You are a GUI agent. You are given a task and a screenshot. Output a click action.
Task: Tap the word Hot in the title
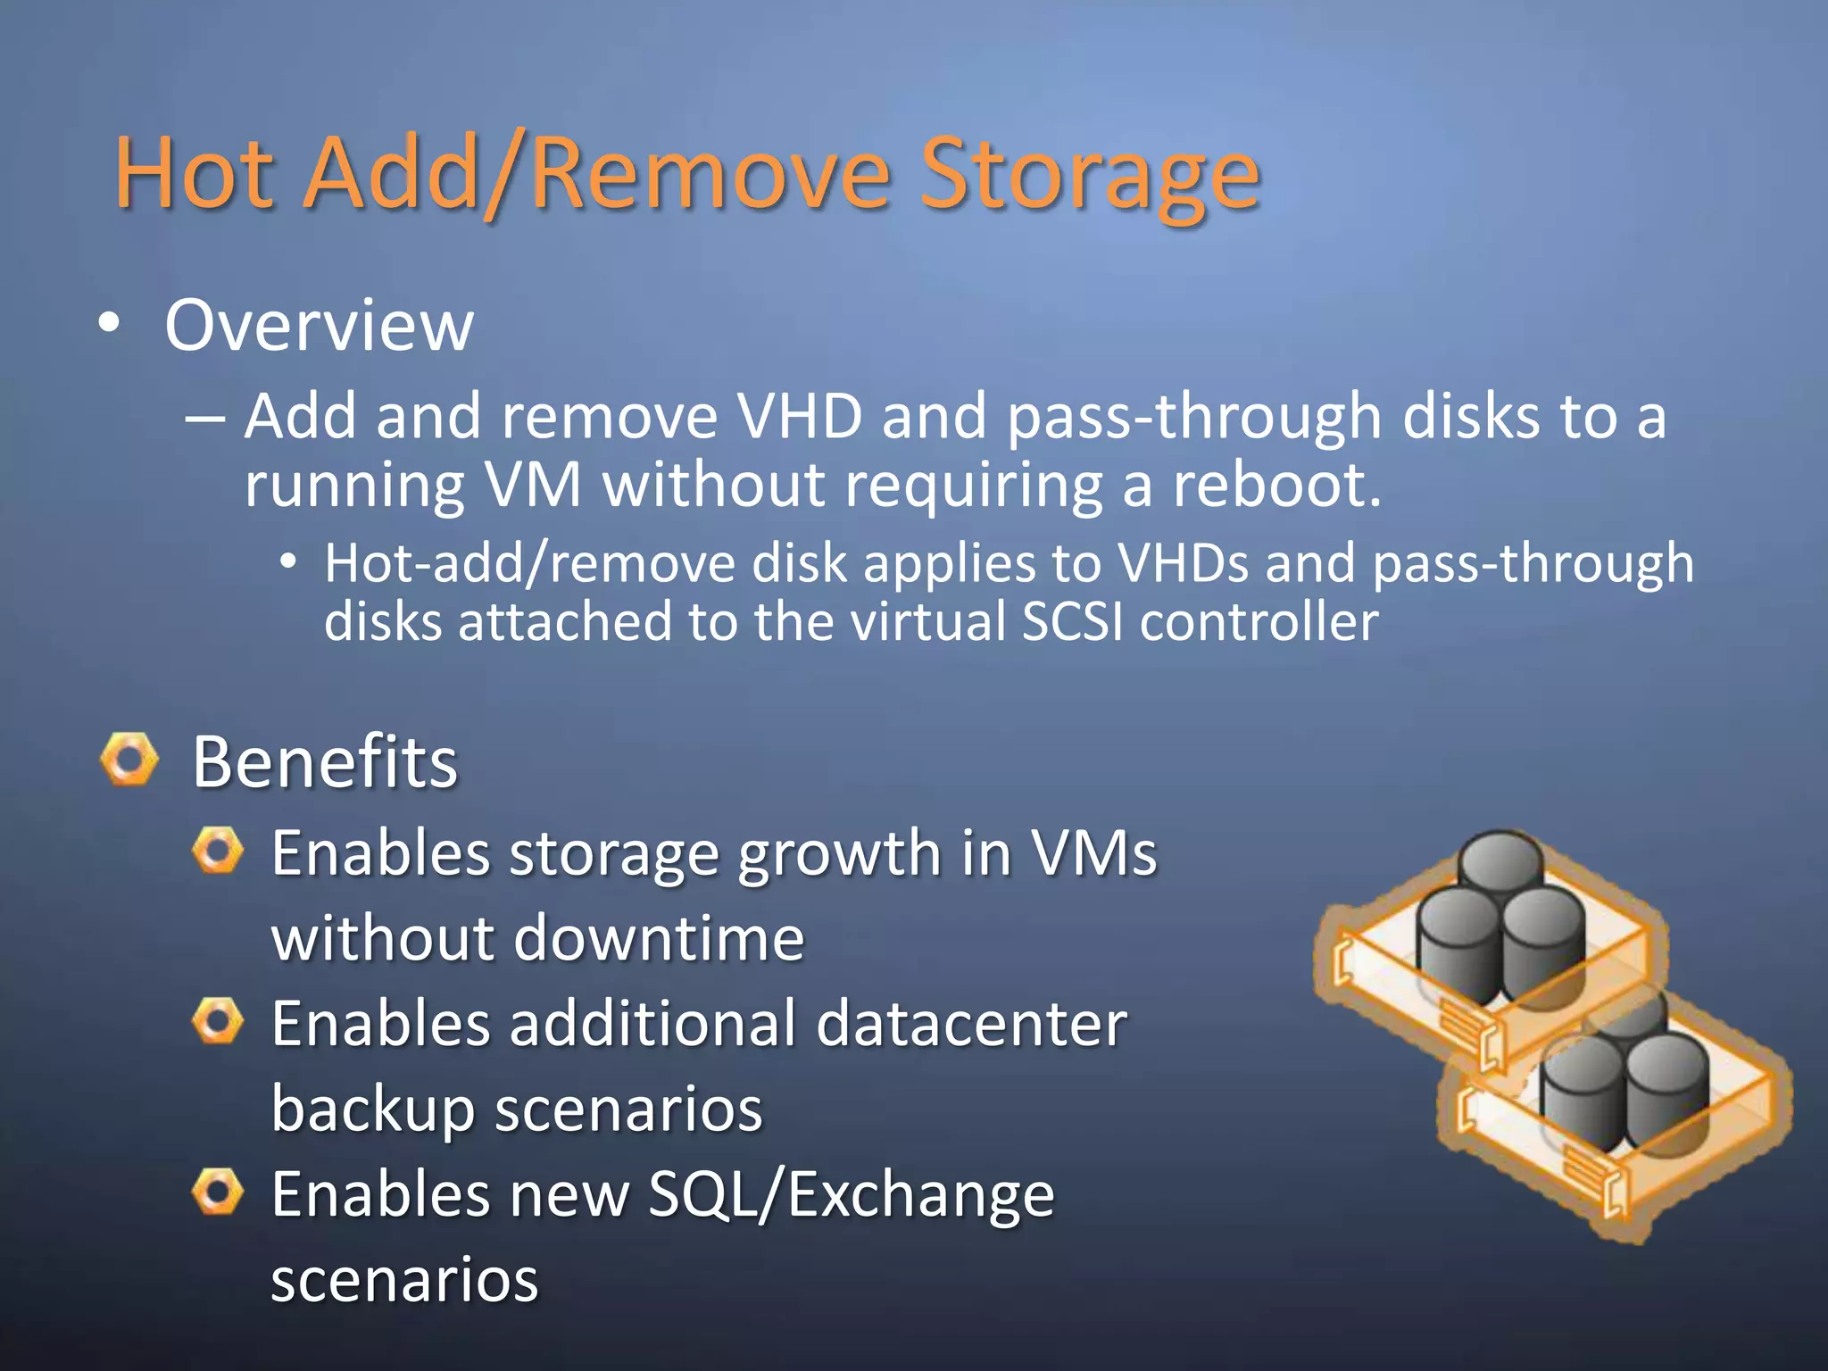(194, 174)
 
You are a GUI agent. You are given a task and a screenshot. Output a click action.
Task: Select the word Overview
(319, 326)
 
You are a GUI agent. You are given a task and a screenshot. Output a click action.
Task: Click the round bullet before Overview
(109, 325)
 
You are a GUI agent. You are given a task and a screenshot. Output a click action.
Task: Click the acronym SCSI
(1073, 622)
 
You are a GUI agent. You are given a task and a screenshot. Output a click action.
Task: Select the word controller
(1259, 622)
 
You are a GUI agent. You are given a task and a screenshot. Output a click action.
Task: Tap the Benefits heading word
(325, 763)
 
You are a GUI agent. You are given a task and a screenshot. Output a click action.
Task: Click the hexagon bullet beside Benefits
(129, 760)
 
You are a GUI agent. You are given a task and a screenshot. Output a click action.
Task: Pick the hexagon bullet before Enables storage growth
(218, 851)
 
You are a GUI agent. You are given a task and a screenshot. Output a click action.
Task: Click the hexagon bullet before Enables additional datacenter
(218, 1022)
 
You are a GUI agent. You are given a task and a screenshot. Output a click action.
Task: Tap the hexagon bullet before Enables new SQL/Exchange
(218, 1192)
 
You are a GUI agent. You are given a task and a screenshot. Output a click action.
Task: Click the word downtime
(660, 939)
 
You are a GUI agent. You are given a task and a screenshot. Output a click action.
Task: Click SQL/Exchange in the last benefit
(851, 1194)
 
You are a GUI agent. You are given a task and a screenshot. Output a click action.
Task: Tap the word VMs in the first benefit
(1093, 853)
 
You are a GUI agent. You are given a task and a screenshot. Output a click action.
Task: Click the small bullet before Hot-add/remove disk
(287, 562)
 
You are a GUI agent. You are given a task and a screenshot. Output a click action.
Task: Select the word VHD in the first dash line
(800, 417)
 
